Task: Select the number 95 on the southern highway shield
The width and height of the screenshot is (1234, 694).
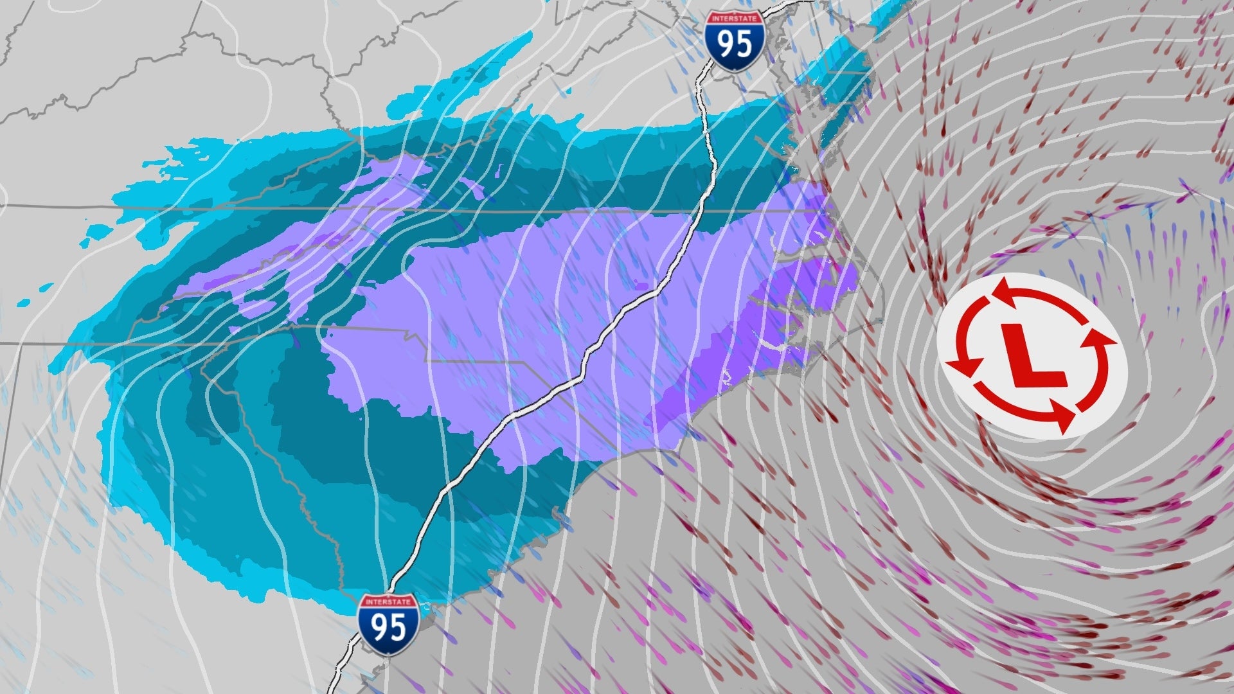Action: click(389, 627)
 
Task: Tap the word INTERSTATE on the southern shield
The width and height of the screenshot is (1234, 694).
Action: click(389, 602)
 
